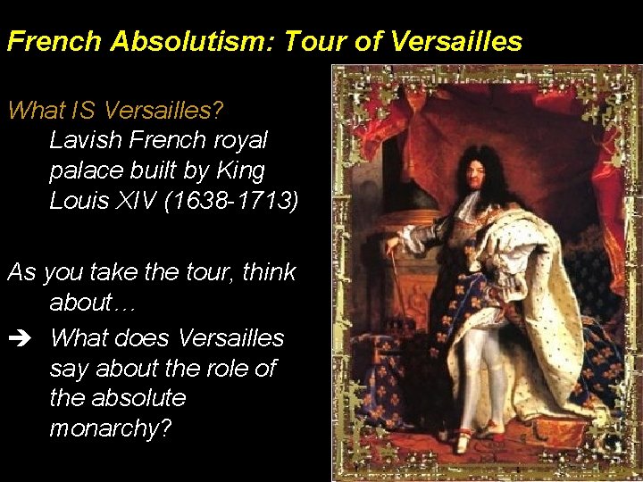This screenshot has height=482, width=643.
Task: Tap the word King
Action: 239,170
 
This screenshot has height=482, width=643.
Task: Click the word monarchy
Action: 109,428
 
